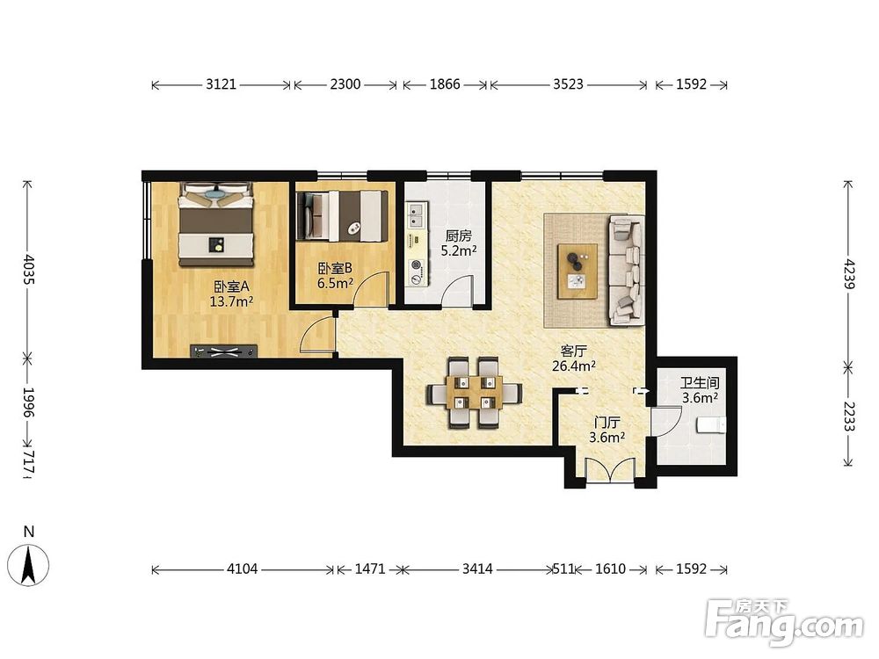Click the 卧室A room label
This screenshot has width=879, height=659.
tap(231, 287)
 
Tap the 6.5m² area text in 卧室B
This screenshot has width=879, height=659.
tap(335, 283)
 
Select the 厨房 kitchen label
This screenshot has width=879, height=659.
tap(459, 235)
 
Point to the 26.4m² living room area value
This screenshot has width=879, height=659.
tap(573, 366)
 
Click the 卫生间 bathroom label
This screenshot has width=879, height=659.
tap(700, 383)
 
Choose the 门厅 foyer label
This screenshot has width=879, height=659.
tap(607, 423)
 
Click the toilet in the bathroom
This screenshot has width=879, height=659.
tap(711, 425)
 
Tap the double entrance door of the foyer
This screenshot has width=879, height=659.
tap(609, 469)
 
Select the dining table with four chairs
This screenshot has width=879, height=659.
tap(475, 392)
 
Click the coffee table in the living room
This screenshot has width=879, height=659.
tap(578, 272)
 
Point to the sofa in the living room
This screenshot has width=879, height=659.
tap(627, 270)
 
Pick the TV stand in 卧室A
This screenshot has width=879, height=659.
tap(223, 351)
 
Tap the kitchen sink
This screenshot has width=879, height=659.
tap(416, 214)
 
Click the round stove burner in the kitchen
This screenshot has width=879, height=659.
tap(416, 265)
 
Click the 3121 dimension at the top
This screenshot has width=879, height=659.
tap(221, 84)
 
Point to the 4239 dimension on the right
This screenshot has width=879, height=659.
tap(849, 274)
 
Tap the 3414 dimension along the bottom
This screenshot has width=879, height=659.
tap(477, 568)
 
